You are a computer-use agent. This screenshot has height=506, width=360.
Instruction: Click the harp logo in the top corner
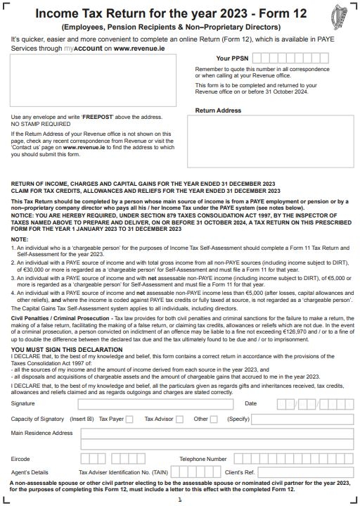point(340,16)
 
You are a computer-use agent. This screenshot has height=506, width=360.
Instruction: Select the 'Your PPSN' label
point(231,58)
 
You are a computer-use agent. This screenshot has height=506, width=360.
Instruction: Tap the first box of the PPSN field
point(257,58)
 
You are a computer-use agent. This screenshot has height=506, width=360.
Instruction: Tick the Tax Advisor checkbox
point(179,419)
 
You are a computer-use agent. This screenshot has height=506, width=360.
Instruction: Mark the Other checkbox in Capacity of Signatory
point(214,419)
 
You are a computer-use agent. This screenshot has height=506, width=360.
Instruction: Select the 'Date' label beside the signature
point(250,404)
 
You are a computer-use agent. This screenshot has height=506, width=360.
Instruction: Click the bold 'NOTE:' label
point(20,240)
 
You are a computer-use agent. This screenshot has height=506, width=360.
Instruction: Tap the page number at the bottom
point(180,500)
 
